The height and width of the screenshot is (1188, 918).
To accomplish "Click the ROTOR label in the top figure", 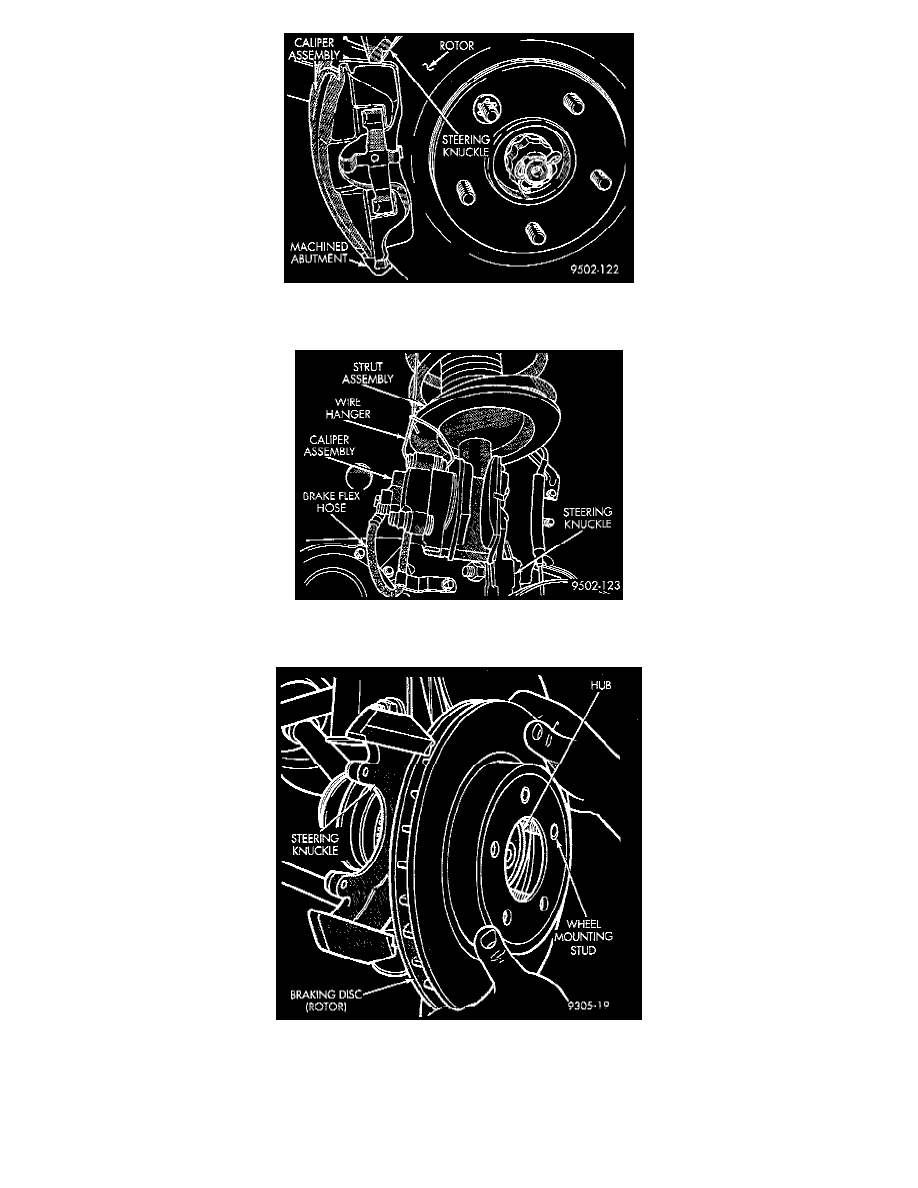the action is click(457, 46).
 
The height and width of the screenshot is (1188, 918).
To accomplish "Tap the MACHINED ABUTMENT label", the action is click(319, 252).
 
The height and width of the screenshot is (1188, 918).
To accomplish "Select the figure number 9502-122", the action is click(595, 269).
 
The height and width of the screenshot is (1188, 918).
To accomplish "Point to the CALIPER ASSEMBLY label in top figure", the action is click(314, 49).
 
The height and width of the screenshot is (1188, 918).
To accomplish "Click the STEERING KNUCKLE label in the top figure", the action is click(466, 145).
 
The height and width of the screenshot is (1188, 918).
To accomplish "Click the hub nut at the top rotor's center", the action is click(534, 167).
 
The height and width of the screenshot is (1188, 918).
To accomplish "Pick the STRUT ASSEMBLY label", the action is click(367, 373).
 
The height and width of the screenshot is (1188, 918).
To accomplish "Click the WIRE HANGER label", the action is click(348, 408).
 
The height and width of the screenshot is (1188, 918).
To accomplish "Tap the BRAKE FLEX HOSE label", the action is click(331, 502).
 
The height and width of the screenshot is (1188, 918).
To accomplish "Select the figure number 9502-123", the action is click(595, 586).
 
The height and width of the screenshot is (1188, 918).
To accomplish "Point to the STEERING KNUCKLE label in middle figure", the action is click(587, 517).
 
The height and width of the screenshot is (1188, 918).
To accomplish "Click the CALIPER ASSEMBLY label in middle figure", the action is click(329, 445).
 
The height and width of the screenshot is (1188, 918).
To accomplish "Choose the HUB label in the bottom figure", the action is click(601, 685).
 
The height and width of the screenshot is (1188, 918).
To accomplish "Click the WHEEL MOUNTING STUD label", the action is click(583, 937).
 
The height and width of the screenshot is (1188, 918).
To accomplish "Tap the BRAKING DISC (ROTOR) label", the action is click(326, 1000).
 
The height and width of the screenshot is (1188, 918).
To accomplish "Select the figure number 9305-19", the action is click(589, 1005).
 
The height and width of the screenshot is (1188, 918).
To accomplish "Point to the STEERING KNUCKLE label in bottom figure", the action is click(314, 844).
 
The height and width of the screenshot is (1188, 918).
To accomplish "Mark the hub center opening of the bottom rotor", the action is click(528, 856).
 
